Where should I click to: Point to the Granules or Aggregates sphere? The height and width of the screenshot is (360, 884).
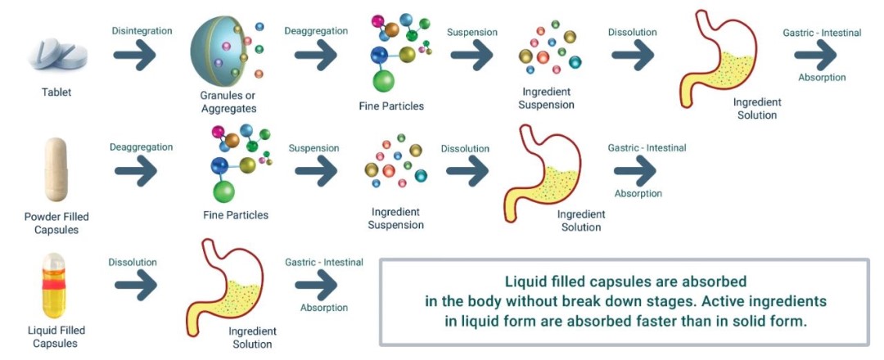coord(223,53)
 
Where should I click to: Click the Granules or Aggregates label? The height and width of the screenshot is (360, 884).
coord(228,102)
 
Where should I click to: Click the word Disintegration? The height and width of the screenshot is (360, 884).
coord(142,31)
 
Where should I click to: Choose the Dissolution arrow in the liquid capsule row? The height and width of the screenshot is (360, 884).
coord(135,285)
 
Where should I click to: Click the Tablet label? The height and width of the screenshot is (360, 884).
coord(56,92)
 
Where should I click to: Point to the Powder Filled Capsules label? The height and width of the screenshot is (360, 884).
coord(56,223)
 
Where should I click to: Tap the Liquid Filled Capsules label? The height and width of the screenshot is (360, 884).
coord(56,336)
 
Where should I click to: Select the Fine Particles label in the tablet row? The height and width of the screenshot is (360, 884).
coord(391,106)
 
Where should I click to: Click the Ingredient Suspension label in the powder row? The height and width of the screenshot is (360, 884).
coord(397,218)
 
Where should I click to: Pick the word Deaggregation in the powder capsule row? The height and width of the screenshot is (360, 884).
coord(141,147)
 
